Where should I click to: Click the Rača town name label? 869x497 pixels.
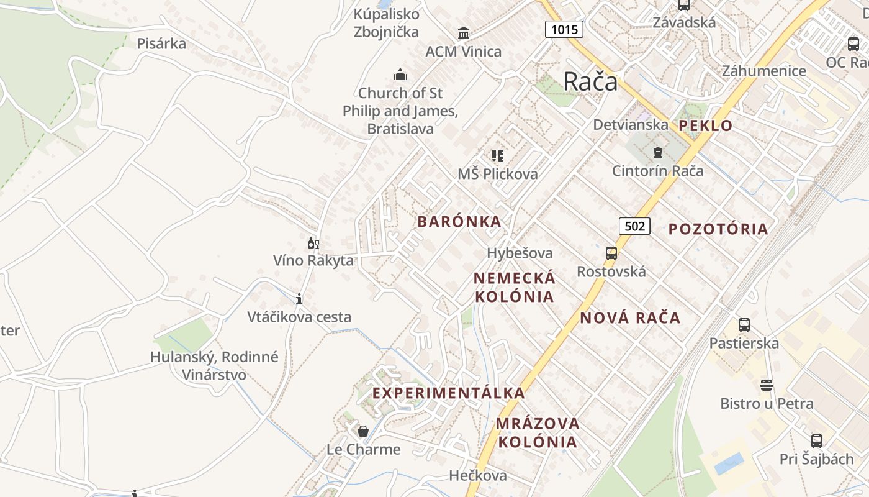(x=590, y=81)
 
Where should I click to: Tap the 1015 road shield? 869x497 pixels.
(x=564, y=29)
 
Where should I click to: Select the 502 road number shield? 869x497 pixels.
(x=634, y=226)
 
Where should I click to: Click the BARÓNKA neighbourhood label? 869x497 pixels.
(x=459, y=222)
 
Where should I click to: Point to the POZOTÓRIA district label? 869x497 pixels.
(x=718, y=229)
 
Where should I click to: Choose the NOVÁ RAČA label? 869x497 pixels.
(x=630, y=318)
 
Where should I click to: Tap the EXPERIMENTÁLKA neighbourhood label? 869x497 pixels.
(x=449, y=393)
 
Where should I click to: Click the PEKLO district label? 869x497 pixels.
(x=705, y=125)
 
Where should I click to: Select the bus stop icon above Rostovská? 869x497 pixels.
(x=611, y=253)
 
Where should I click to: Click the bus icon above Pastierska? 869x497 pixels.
(x=744, y=324)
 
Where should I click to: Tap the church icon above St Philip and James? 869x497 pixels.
(x=400, y=75)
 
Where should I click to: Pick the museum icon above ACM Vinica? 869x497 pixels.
(x=464, y=33)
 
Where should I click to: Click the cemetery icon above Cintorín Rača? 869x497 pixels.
(x=657, y=152)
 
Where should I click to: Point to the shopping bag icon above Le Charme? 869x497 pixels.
(x=363, y=431)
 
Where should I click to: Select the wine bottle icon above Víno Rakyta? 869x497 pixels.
(x=313, y=243)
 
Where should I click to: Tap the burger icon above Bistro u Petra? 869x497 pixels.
(x=767, y=385)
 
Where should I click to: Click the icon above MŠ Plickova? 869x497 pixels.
(x=497, y=155)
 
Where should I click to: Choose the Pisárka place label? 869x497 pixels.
(x=161, y=43)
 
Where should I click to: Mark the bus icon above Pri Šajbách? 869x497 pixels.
(x=816, y=441)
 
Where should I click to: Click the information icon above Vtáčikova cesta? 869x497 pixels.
(x=299, y=299)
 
